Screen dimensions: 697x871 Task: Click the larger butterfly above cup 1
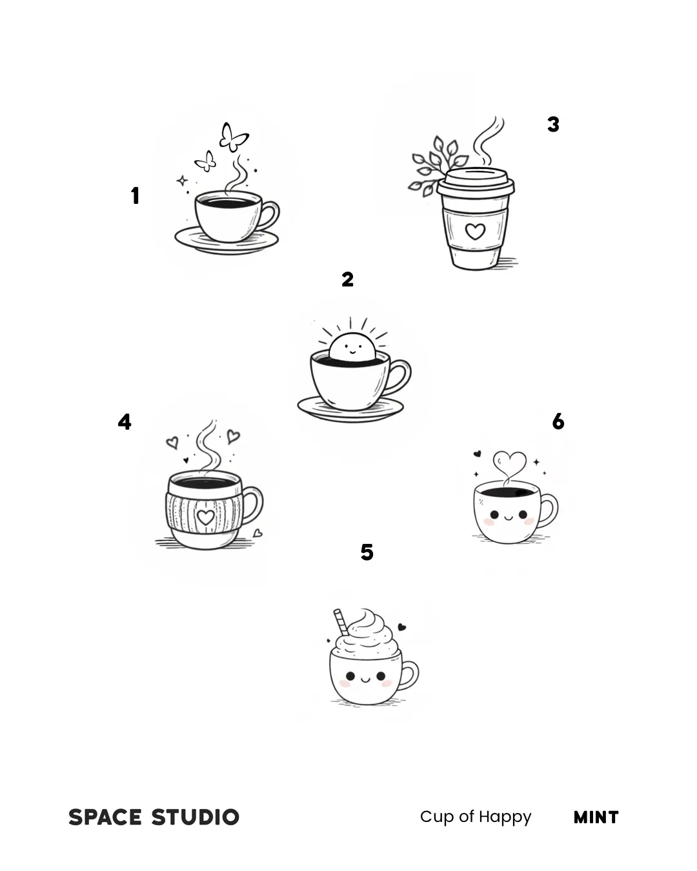tap(233, 137)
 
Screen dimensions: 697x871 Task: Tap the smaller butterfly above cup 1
tap(206, 161)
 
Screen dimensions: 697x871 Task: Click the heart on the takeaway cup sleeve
tap(474, 232)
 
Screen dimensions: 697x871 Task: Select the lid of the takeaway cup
tap(476, 182)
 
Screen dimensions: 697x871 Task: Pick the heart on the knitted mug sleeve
tap(205, 517)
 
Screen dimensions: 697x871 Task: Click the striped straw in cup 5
tap(341, 623)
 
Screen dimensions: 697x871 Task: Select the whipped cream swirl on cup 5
tap(366, 635)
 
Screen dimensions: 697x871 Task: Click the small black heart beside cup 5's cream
tap(401, 627)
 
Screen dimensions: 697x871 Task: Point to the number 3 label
tap(553, 125)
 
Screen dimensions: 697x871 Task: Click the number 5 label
tap(367, 552)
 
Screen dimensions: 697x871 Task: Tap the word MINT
tap(596, 817)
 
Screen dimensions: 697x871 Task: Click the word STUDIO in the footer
tap(195, 817)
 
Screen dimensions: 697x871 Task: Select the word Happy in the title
tap(505, 817)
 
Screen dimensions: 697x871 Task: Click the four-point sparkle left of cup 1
tap(182, 181)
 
